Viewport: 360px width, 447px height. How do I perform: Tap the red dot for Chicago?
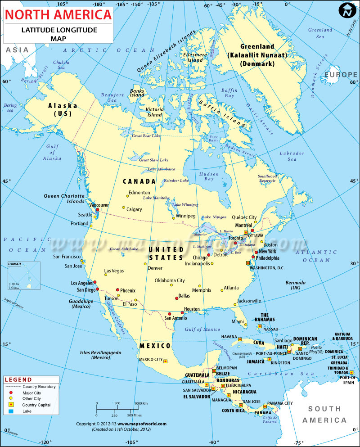tap(208, 255)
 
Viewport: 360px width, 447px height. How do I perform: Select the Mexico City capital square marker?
tap(165, 361)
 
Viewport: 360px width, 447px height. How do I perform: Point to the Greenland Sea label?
tap(320, 33)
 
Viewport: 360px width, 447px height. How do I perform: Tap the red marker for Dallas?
tap(176, 298)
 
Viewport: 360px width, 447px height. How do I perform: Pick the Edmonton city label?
tap(139, 193)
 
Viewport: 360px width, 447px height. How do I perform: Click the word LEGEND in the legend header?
tap(18, 380)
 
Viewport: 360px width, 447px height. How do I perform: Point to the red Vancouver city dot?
tap(97, 210)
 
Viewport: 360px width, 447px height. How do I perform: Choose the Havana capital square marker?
tap(240, 339)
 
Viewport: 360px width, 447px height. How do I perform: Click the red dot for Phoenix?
tap(117, 290)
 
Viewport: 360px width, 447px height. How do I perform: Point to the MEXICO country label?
tap(155, 346)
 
